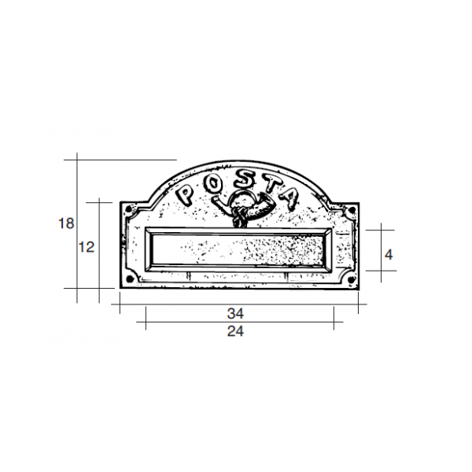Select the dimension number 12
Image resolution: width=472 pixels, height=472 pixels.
point(87,247)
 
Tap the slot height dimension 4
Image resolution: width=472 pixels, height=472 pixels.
point(388,254)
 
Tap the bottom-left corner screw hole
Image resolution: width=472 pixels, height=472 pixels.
point(127,278)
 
